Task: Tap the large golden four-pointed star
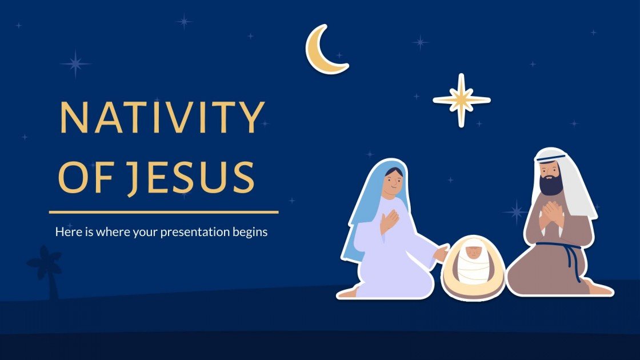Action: [x=462, y=100]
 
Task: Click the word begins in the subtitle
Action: [x=252, y=233]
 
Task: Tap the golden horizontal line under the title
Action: [x=163, y=212]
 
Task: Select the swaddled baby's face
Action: [x=473, y=252]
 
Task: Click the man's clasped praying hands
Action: [x=552, y=213]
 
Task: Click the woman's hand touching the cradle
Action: [x=441, y=252]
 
